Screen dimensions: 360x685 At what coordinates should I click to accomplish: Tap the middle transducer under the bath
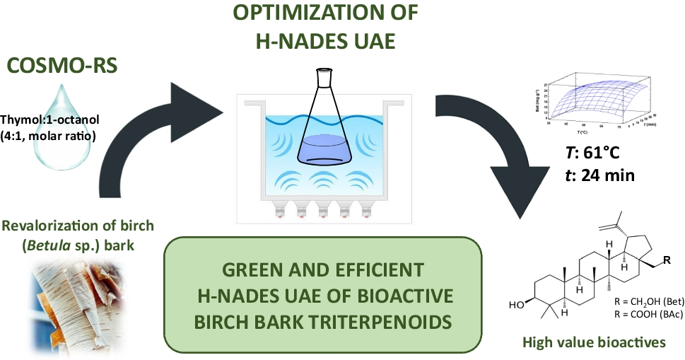tap(324, 207)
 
